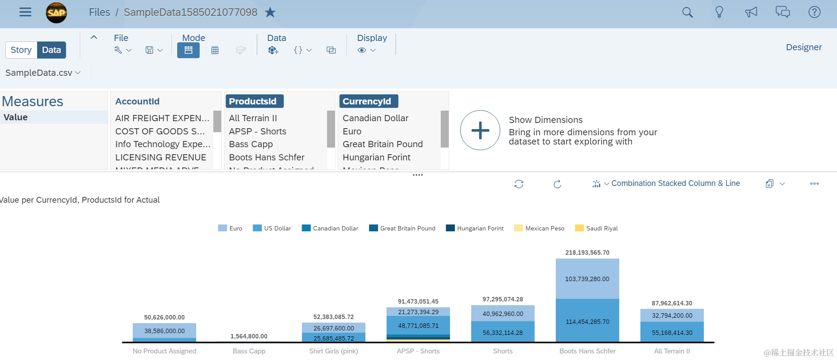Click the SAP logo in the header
tap(56, 12)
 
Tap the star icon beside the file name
tap(270, 12)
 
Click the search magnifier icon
tap(687, 12)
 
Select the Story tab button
tap(21, 50)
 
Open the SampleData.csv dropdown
tap(43, 73)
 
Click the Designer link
tap(804, 47)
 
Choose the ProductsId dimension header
tap(253, 101)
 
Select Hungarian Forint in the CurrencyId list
tap(376, 157)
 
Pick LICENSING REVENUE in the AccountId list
tap(160, 157)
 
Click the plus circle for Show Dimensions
tap(480, 130)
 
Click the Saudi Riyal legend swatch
tap(579, 228)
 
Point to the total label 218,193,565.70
tap(587, 252)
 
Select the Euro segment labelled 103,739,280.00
tap(587, 279)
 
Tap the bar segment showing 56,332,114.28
tap(502, 333)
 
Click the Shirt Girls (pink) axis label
tap(333, 351)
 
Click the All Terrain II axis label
tap(672, 351)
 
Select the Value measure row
tap(16, 117)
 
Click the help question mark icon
tap(814, 12)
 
